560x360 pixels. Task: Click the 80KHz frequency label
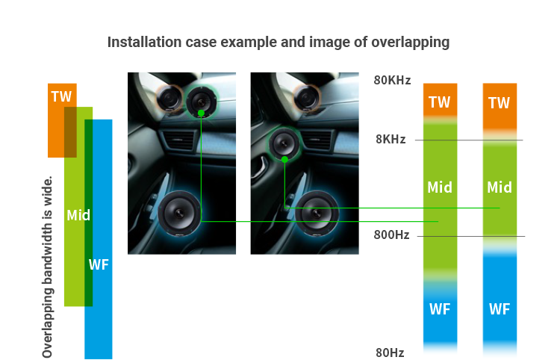(392, 81)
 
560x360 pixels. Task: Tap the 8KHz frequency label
(391, 139)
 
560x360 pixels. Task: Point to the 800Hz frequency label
(391, 235)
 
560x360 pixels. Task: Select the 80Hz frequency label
(390, 353)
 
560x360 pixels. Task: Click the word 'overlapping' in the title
(411, 43)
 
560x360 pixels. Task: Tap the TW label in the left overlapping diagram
(61, 96)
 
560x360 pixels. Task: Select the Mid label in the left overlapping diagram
(78, 215)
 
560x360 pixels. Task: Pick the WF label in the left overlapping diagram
(99, 264)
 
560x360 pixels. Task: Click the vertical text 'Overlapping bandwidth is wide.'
(48, 267)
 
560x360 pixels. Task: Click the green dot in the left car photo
(201, 114)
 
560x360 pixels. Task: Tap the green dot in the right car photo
(284, 160)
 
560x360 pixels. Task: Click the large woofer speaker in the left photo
(179, 213)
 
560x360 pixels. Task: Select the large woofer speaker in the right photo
(316, 213)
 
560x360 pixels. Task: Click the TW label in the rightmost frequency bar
(499, 103)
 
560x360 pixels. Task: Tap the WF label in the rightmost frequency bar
(500, 309)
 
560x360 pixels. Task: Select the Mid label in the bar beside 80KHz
(440, 187)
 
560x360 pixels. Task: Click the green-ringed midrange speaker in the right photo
(284, 143)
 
